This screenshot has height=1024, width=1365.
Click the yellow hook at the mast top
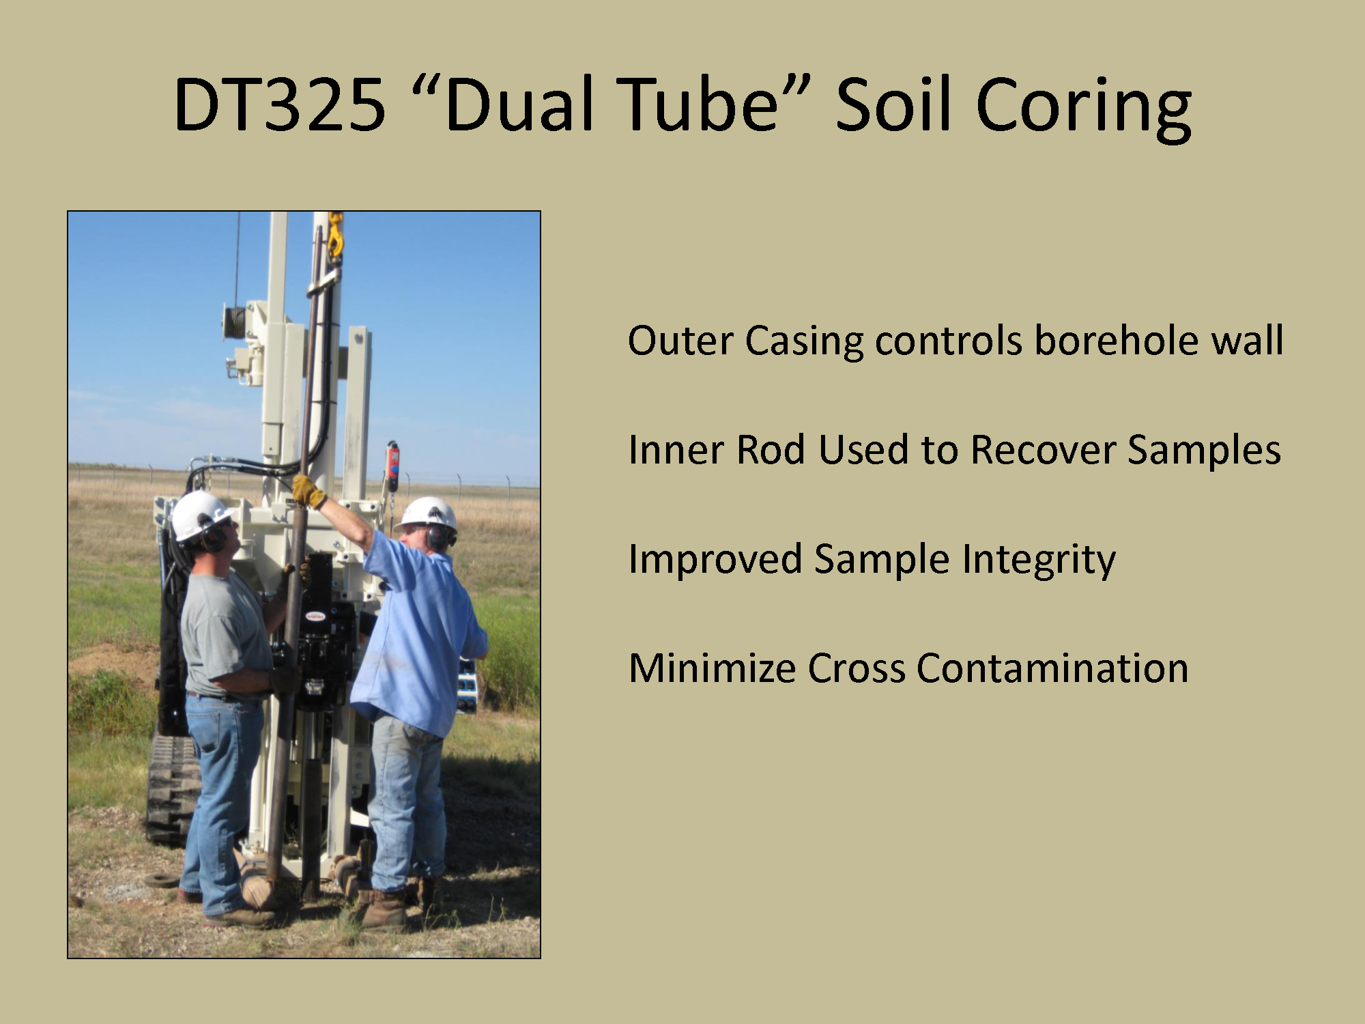click(x=335, y=236)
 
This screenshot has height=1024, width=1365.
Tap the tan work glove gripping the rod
click(x=308, y=492)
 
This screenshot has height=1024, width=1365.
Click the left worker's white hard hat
click(x=199, y=515)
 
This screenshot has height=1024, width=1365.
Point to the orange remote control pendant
click(x=392, y=464)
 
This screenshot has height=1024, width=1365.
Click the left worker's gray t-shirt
click(x=225, y=635)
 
